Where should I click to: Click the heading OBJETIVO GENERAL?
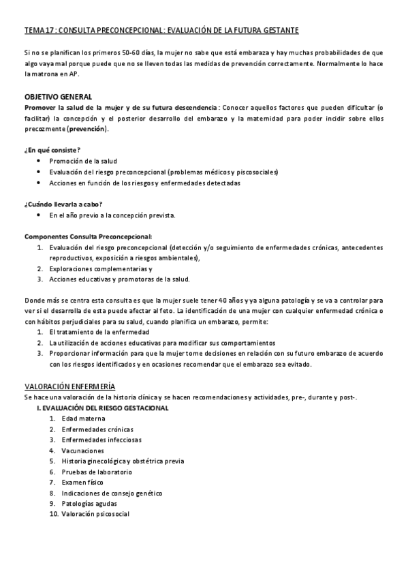pyautogui.click(x=58, y=96)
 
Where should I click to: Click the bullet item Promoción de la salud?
pyautogui.click(x=83, y=161)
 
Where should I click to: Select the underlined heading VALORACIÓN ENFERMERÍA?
pyautogui.click(x=69, y=386)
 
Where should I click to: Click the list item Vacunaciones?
pyautogui.click(x=82, y=451)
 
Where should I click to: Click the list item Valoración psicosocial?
pyautogui.click(x=95, y=514)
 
